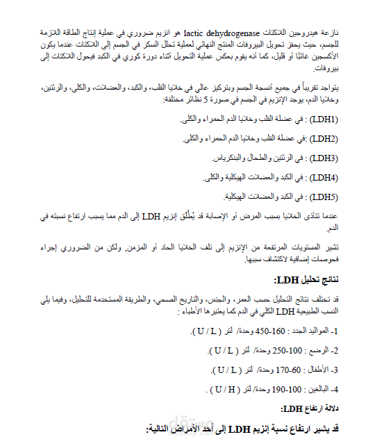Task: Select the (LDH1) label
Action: [322, 119]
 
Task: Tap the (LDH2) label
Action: [322, 138]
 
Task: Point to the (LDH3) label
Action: [322, 158]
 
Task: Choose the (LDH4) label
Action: [322, 176]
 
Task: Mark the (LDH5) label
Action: [322, 196]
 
